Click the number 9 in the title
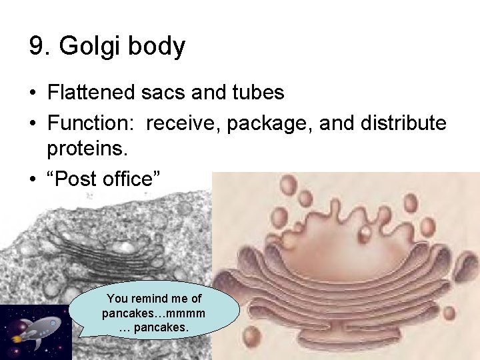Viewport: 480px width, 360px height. point(36,47)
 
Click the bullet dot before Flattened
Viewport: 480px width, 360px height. point(33,93)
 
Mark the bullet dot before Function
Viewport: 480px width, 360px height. point(33,123)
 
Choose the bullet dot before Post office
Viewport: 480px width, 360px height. point(33,179)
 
